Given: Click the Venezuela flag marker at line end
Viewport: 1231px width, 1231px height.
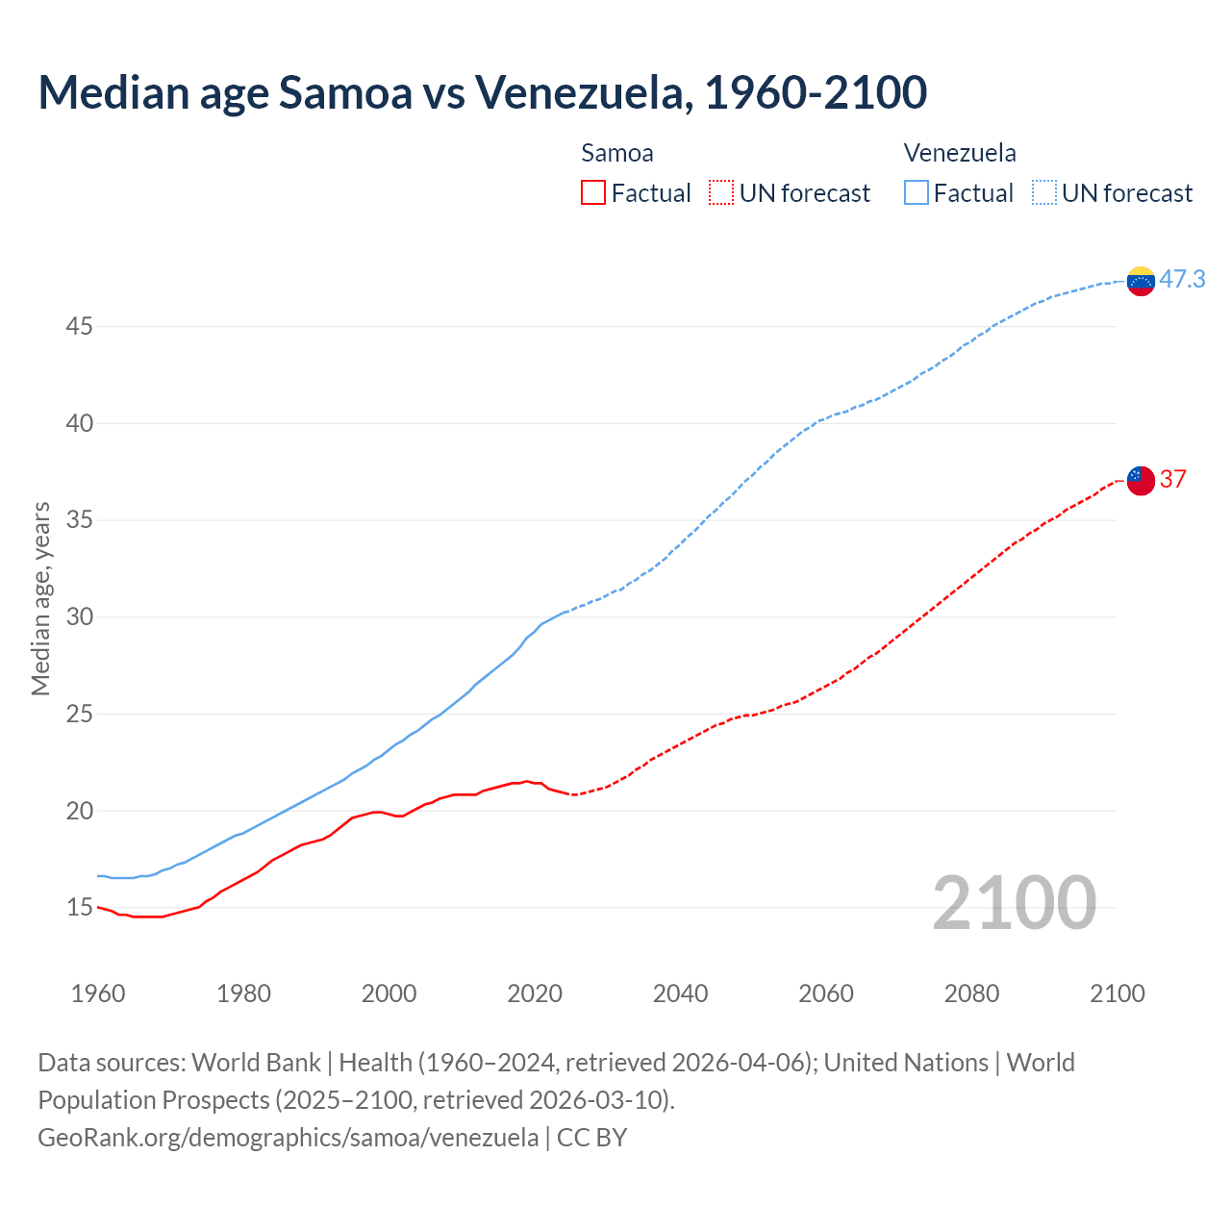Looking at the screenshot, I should (1140, 281).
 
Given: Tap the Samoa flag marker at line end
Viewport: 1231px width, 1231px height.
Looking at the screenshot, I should (1140, 479).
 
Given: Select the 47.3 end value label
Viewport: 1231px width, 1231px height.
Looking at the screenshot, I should (1182, 280).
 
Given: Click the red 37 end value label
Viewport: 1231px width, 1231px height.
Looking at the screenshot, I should (1172, 479).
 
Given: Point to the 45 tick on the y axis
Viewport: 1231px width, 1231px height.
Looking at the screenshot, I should (79, 327).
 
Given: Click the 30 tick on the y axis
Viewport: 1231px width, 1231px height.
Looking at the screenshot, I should (79, 617).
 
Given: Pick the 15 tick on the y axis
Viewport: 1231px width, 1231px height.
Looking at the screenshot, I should (79, 908).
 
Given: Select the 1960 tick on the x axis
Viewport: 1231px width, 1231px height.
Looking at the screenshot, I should (98, 993).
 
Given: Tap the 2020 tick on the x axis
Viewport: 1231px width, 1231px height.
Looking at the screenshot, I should (535, 993).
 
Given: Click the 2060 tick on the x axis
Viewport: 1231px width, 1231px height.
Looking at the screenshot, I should (826, 993).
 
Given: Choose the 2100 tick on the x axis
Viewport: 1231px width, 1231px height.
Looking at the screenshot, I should (1117, 993).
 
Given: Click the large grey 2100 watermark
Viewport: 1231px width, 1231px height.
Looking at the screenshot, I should (1014, 903).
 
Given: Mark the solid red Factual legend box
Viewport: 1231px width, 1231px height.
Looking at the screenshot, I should (593, 193).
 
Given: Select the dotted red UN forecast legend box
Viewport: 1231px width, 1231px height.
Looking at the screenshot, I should (721, 193).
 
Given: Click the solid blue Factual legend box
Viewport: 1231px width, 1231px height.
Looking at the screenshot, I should (917, 193).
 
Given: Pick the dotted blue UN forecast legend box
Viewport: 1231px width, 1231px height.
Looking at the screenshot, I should (1044, 193).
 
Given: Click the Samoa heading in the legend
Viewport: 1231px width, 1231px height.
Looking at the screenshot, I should (617, 153).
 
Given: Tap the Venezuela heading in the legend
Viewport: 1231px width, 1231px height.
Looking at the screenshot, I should (960, 153).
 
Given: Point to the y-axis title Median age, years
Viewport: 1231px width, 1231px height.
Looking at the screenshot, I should (40, 598).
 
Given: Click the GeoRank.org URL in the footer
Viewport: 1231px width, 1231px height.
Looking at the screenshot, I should (289, 1138).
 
